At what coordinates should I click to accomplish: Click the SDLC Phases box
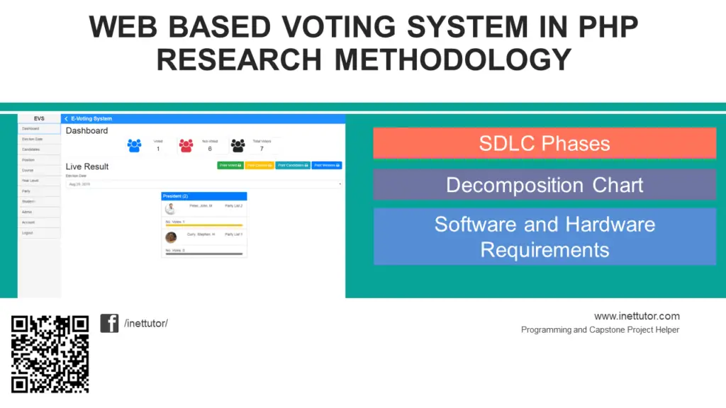point(544,143)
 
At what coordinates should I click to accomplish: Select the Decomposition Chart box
point(544,185)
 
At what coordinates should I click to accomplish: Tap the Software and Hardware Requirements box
point(544,237)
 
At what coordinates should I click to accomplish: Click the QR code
point(50,354)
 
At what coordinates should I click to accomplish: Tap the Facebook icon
point(109,323)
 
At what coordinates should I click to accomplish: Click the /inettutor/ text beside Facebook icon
point(146,324)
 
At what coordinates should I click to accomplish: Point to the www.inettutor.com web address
point(637,316)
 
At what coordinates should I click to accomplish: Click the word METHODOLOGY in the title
point(452,59)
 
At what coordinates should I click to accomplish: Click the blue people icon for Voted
point(135,145)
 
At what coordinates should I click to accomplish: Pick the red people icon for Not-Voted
point(186,145)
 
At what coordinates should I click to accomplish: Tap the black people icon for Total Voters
point(238,145)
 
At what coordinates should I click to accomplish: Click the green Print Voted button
point(230,165)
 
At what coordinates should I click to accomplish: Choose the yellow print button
point(259,165)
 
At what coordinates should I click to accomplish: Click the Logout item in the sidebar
point(28,232)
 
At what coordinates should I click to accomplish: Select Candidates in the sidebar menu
point(30,149)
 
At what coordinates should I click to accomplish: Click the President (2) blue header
point(204,196)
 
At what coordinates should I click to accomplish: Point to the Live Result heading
point(87,166)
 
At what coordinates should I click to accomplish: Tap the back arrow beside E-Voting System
point(66,119)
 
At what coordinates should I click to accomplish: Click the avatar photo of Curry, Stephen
point(171,237)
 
